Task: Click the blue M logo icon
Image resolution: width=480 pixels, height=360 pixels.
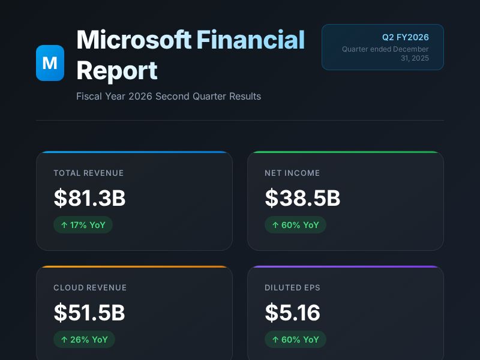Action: coord(50,62)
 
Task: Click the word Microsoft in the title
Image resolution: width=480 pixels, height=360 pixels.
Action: coord(134,40)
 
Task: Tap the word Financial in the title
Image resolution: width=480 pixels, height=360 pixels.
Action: coord(251,40)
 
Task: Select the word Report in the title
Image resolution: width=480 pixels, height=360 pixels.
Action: coord(117,70)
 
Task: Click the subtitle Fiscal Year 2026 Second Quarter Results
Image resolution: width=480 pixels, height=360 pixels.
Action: coord(169,96)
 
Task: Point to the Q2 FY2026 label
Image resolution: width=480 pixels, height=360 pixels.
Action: coord(406,37)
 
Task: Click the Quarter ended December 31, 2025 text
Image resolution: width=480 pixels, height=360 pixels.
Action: coord(386,53)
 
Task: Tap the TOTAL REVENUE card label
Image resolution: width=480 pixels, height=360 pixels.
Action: coord(89,173)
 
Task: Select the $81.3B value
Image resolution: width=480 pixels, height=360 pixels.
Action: coord(89,198)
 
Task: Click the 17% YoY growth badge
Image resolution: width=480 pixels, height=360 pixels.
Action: coord(83,225)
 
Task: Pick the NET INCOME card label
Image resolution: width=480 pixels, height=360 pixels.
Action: coord(292,173)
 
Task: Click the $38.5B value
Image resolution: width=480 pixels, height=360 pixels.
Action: coord(302,198)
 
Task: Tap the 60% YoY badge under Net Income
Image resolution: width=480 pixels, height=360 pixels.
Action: coord(295,225)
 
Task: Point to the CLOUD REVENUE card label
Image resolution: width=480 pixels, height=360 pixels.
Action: coord(90,287)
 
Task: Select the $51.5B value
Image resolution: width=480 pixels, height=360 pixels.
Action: coord(89,313)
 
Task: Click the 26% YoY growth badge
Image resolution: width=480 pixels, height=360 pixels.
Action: coord(84,340)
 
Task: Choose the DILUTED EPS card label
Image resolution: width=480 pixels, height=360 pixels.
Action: coord(292,287)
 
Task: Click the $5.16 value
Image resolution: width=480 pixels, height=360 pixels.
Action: coord(293,313)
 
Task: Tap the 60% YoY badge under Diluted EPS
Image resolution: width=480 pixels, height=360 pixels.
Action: coord(295,340)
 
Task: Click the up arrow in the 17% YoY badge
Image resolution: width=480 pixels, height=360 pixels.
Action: coord(64,225)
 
